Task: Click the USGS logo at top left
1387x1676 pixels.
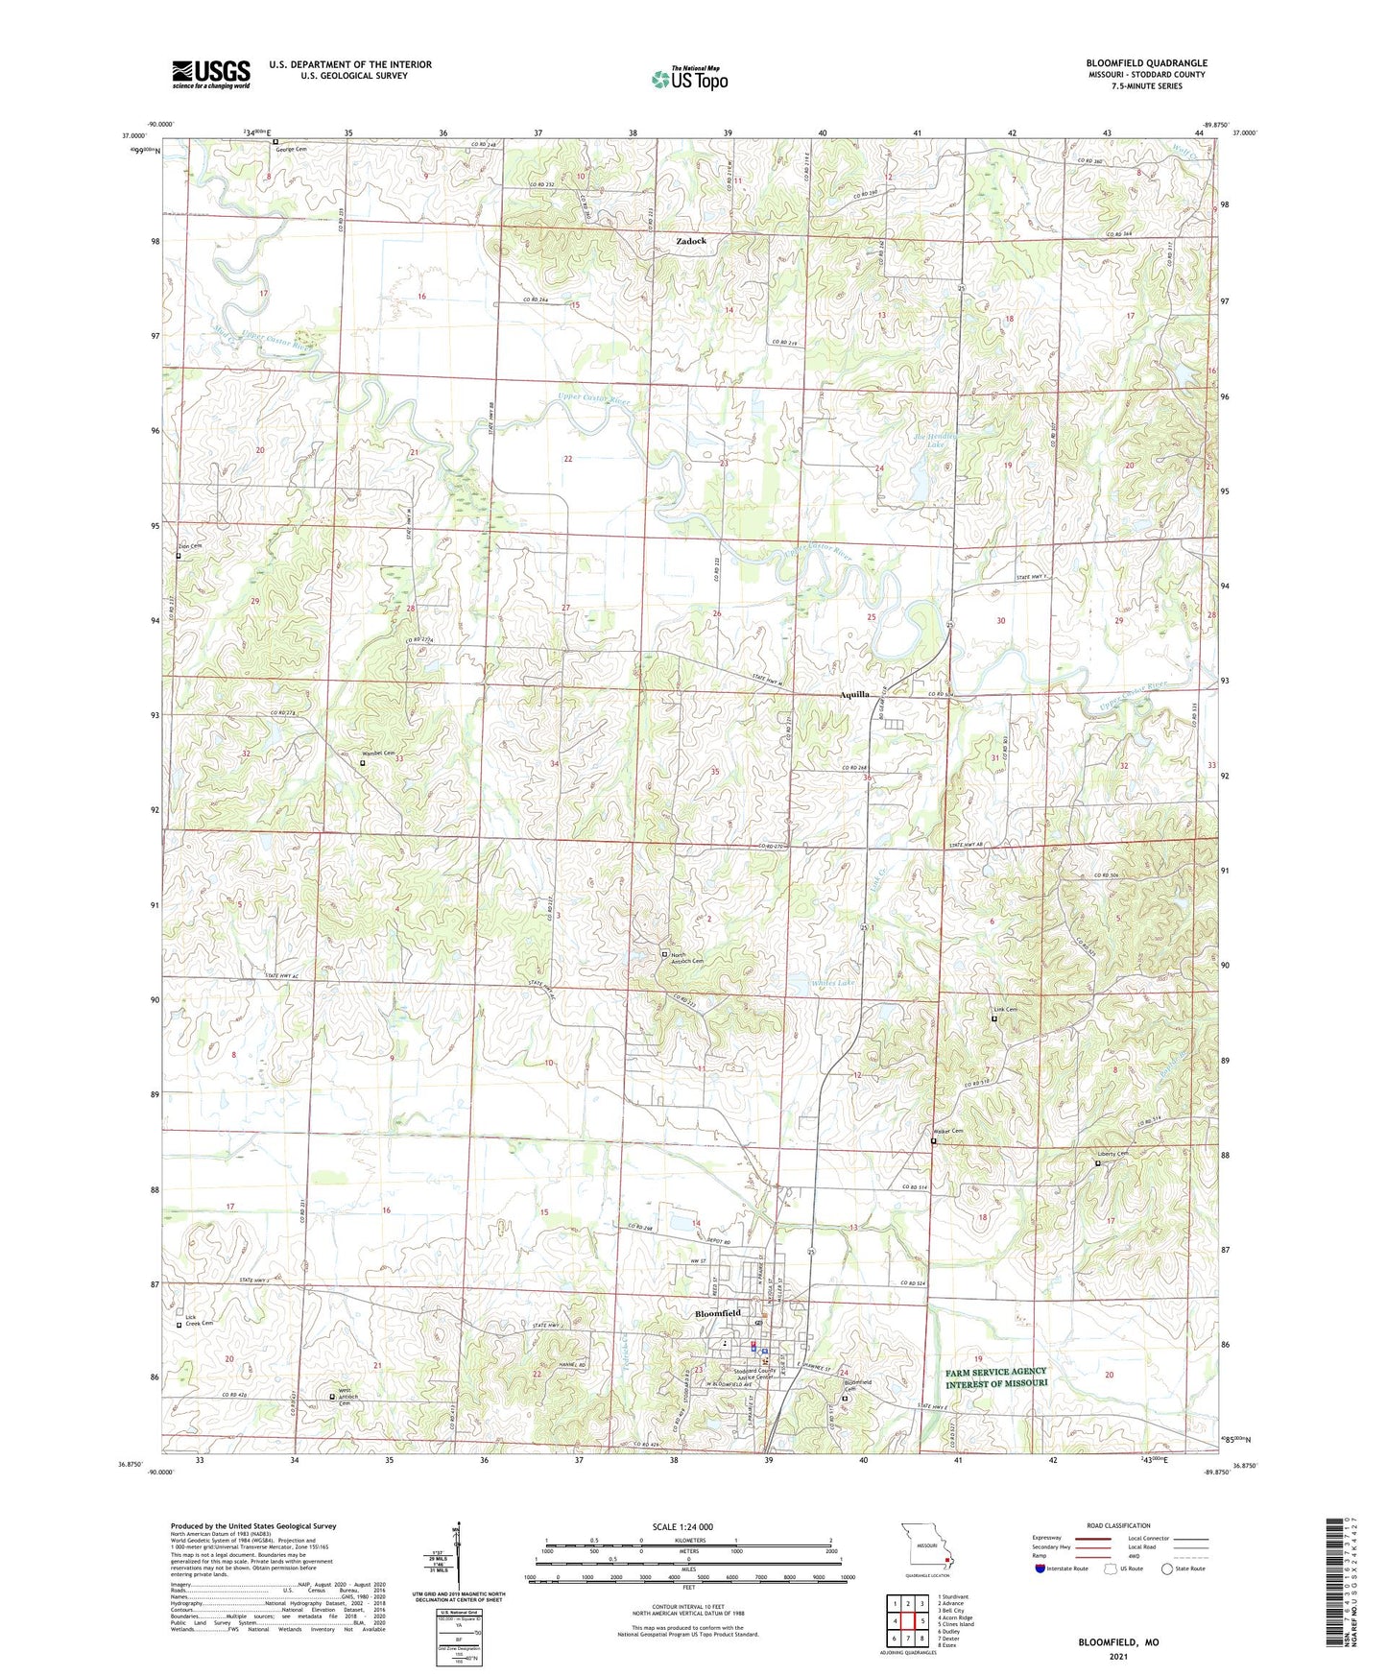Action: [x=211, y=74]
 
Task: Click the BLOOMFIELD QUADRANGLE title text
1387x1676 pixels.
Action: [x=1146, y=63]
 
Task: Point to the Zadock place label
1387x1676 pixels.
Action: [x=690, y=241]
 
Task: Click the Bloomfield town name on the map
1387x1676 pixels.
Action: [x=717, y=1313]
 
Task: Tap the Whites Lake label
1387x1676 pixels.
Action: [x=832, y=983]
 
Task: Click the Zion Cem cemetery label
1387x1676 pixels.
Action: [x=190, y=546]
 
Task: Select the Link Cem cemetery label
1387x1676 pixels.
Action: [x=1005, y=1010]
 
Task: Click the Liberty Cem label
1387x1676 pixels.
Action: [x=1113, y=1154]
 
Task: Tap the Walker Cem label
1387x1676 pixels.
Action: [x=948, y=1132]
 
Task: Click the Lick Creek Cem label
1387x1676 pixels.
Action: [x=198, y=1319]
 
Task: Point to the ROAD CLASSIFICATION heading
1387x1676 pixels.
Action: [x=1118, y=1525]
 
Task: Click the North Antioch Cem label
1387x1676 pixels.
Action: [x=686, y=958]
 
